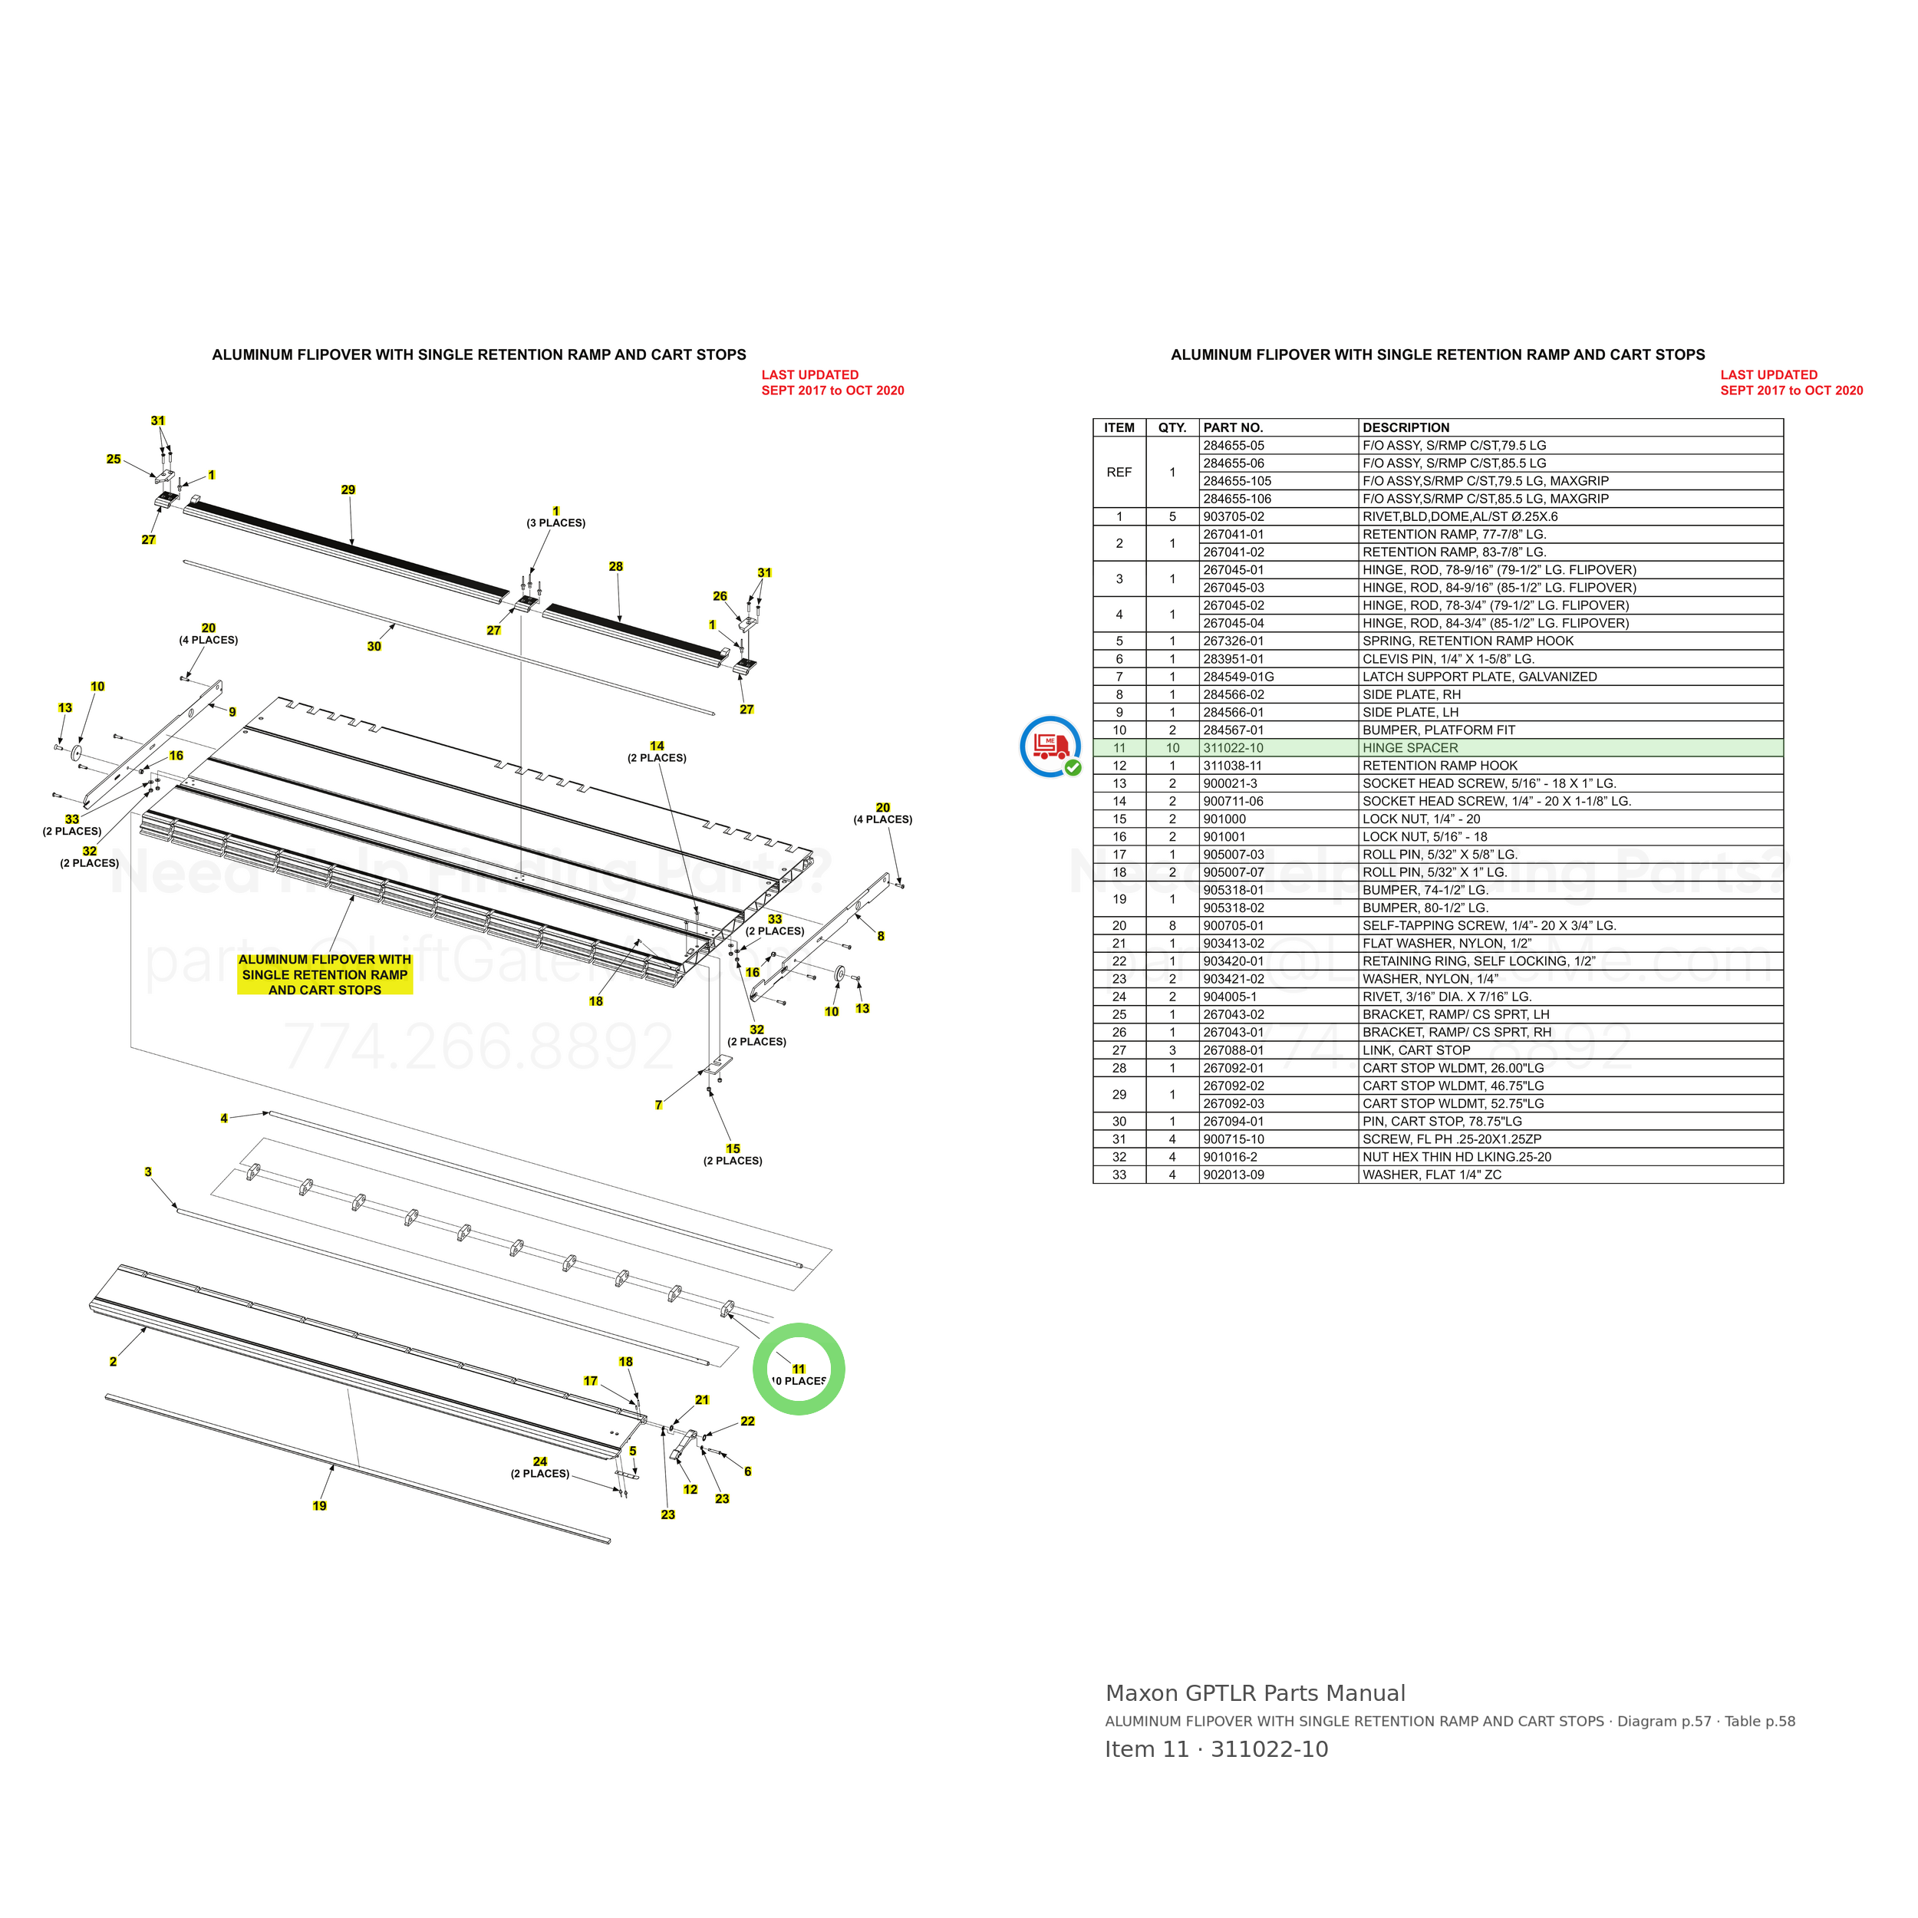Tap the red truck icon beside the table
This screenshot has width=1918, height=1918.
click(1050, 746)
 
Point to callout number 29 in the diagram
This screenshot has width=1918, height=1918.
click(348, 489)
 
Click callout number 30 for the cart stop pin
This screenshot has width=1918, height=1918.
click(374, 646)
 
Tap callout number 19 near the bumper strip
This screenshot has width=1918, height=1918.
click(320, 1506)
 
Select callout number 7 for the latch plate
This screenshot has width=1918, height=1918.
click(659, 1105)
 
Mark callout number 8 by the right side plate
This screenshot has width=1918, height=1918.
click(881, 936)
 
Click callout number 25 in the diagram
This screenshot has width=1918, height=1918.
click(114, 460)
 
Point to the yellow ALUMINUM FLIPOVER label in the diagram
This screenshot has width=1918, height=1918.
click(325, 975)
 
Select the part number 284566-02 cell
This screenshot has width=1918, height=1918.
click(1234, 695)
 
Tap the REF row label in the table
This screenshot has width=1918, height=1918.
click(1119, 473)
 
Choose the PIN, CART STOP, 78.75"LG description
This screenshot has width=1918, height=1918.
click(1442, 1122)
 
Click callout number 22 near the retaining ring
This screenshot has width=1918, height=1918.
click(747, 1422)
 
